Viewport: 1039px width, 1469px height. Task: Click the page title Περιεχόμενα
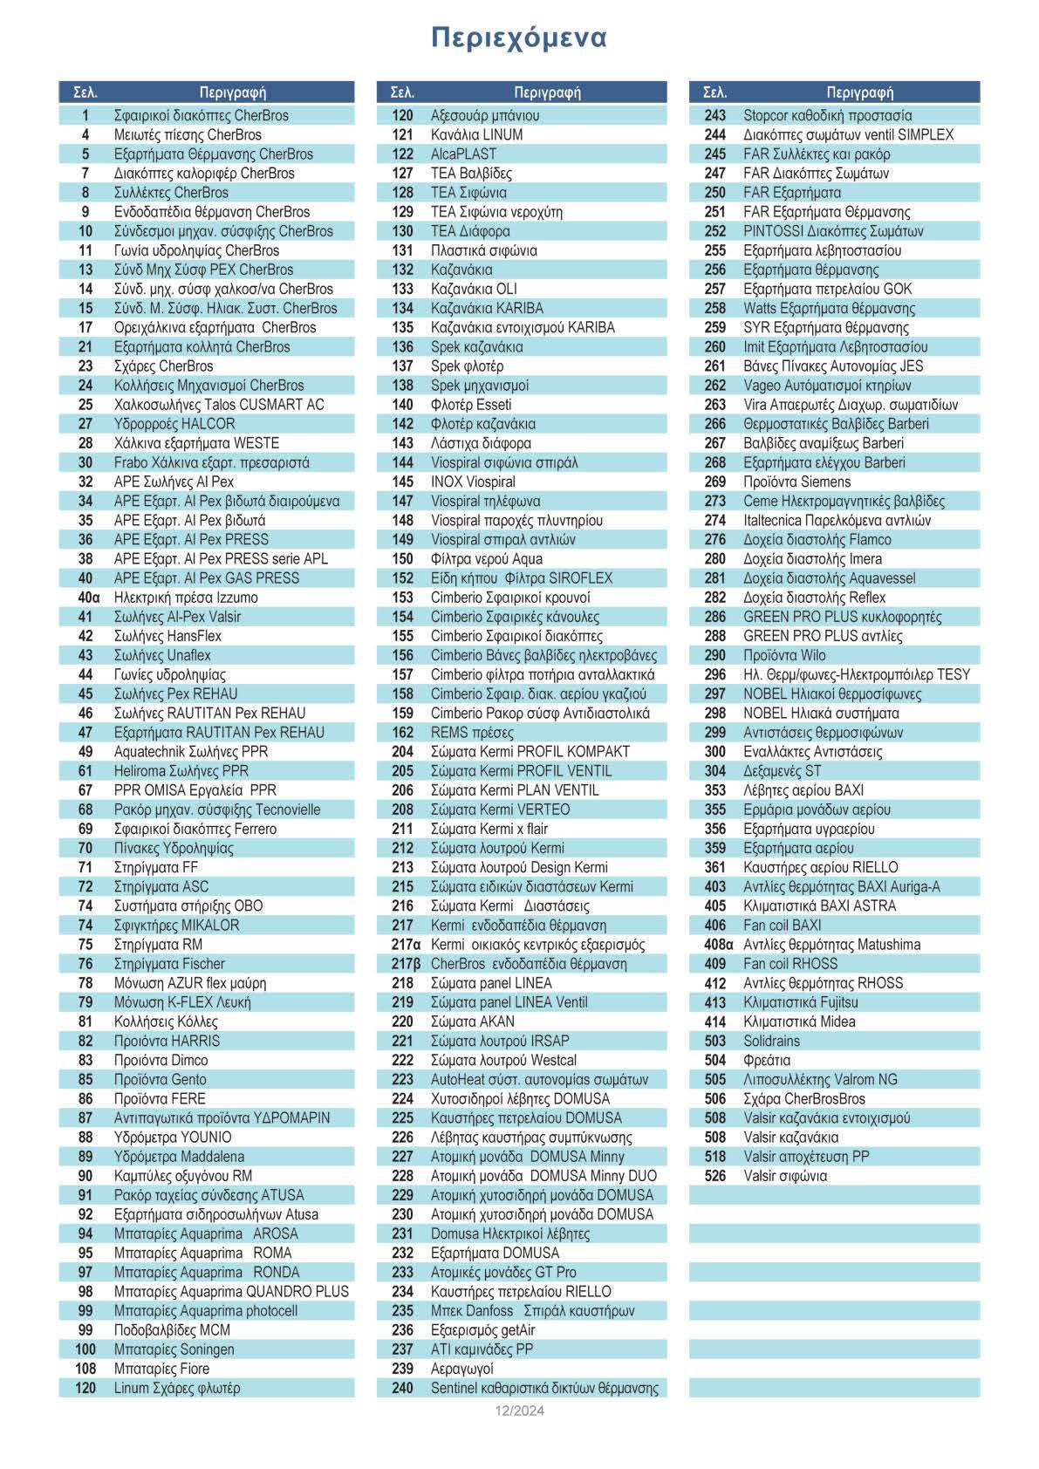[519, 38]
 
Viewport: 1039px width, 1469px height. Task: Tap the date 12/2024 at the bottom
[519, 1411]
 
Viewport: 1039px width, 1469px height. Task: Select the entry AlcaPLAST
[463, 154]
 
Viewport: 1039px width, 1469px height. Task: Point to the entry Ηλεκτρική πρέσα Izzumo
[186, 598]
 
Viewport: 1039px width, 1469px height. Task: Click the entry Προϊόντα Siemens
[796, 482]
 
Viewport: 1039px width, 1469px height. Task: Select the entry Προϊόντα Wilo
[784, 655]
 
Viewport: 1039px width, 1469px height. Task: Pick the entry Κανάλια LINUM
[476, 134]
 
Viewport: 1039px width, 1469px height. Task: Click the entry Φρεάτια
[767, 1060]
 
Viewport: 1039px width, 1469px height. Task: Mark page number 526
[714, 1176]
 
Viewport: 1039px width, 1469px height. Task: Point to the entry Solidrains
[771, 1041]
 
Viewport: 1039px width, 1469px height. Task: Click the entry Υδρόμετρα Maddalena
[179, 1157]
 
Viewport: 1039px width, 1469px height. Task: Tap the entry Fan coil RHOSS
[790, 964]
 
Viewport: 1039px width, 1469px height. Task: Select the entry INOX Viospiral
[473, 482]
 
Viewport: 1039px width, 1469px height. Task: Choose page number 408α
[718, 945]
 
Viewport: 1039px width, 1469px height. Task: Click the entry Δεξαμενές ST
[782, 771]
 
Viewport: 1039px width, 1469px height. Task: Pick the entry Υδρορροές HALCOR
[174, 424]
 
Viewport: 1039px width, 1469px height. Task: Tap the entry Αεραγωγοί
[461, 1369]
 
